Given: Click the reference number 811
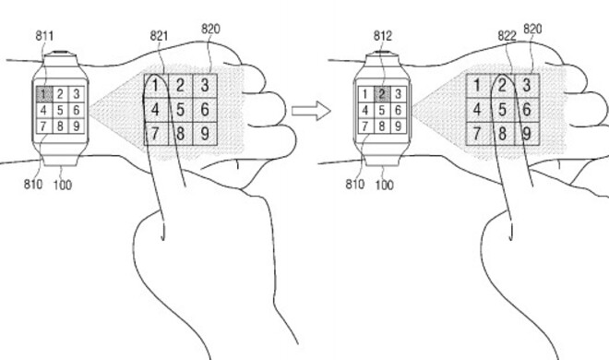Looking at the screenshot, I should click(x=42, y=36).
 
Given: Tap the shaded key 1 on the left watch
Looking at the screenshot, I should click(x=43, y=93).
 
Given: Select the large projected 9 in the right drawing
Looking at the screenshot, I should click(x=526, y=135).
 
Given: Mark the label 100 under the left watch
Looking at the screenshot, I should click(x=62, y=185).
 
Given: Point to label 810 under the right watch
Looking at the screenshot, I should click(x=353, y=185).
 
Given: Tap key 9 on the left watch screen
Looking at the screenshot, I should click(x=76, y=126).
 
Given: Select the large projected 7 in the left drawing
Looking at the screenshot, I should click(x=157, y=135).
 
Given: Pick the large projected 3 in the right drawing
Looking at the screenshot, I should click(x=526, y=86).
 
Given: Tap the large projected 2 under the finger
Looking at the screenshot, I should click(x=501, y=86).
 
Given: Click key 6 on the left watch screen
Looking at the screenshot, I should click(x=76, y=110).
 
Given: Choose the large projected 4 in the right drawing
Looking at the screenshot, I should click(x=477, y=110).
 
